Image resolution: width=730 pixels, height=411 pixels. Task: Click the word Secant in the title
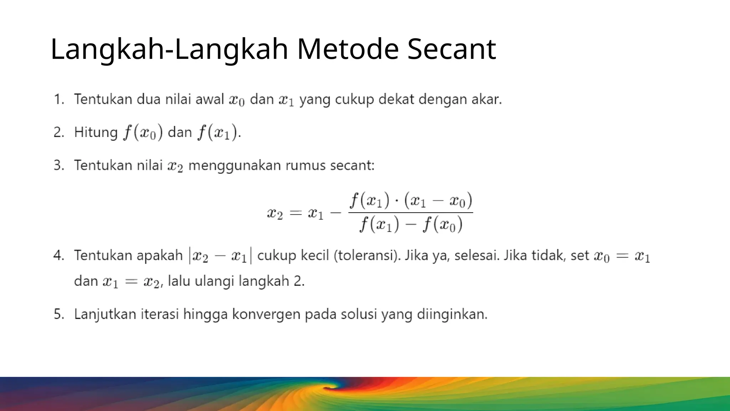pos(452,49)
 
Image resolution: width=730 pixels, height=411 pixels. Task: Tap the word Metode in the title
pos(348,49)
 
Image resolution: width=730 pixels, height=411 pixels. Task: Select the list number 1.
pos(58,99)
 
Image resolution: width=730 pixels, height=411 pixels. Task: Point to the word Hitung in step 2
pos(96,132)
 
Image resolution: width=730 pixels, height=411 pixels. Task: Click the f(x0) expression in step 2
pos(143,132)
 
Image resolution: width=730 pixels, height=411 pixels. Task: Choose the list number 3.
pos(58,166)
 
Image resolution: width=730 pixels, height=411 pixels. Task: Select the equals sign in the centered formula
pos(295,213)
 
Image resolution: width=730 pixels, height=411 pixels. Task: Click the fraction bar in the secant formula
pos(411,213)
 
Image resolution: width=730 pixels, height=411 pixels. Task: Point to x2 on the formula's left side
pos(275,213)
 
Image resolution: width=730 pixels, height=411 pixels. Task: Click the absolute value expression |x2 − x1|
pos(220,256)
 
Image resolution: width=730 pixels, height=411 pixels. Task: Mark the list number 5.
pos(58,314)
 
